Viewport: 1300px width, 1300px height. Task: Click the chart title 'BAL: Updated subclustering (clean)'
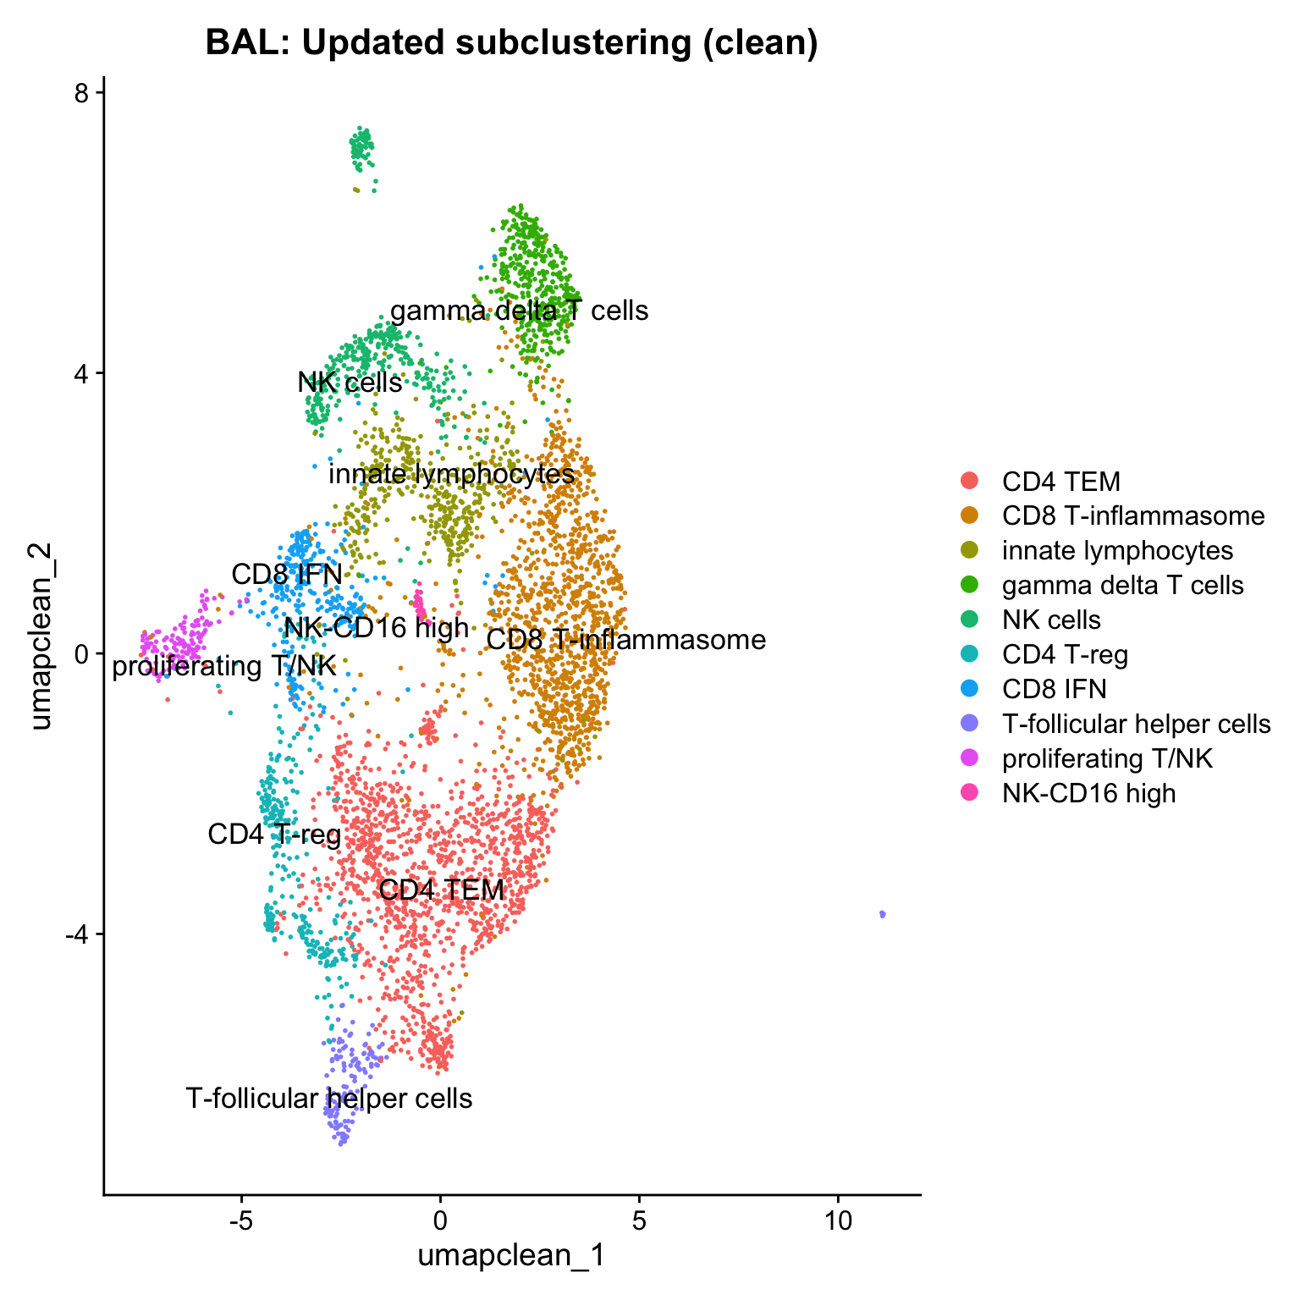[x=511, y=43]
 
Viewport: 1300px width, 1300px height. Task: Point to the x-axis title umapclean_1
[x=511, y=1254]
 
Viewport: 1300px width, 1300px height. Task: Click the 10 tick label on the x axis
[x=838, y=1221]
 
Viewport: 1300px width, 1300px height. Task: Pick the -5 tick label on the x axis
[x=241, y=1221]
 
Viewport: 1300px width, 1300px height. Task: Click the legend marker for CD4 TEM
[x=970, y=482]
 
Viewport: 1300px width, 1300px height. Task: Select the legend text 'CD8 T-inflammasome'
[x=1132, y=516]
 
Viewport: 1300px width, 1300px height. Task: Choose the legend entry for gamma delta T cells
[x=1122, y=585]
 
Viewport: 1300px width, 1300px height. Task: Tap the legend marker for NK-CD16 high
[x=970, y=793]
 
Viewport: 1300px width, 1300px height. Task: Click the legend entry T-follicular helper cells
[x=1136, y=724]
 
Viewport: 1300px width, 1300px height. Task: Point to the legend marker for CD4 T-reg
[x=970, y=654]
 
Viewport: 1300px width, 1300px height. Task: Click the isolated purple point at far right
[x=883, y=914]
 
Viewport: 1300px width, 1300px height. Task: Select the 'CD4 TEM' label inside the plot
[x=441, y=890]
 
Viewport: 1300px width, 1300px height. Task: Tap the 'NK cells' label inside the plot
[x=350, y=383]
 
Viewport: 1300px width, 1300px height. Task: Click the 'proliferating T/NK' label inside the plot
[x=224, y=667]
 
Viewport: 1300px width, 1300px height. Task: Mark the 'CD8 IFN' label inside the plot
[x=287, y=575]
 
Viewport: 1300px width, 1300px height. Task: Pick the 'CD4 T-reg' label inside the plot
[x=274, y=835]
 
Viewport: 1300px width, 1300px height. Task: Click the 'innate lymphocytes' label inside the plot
[x=451, y=474]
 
